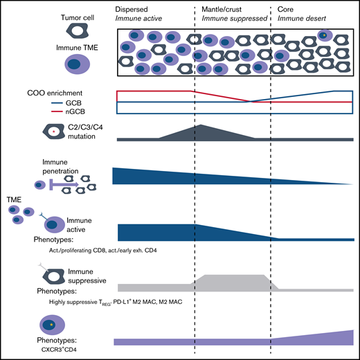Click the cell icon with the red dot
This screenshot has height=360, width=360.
click(x=43, y=131)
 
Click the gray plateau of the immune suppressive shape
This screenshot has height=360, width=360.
click(x=232, y=280)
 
